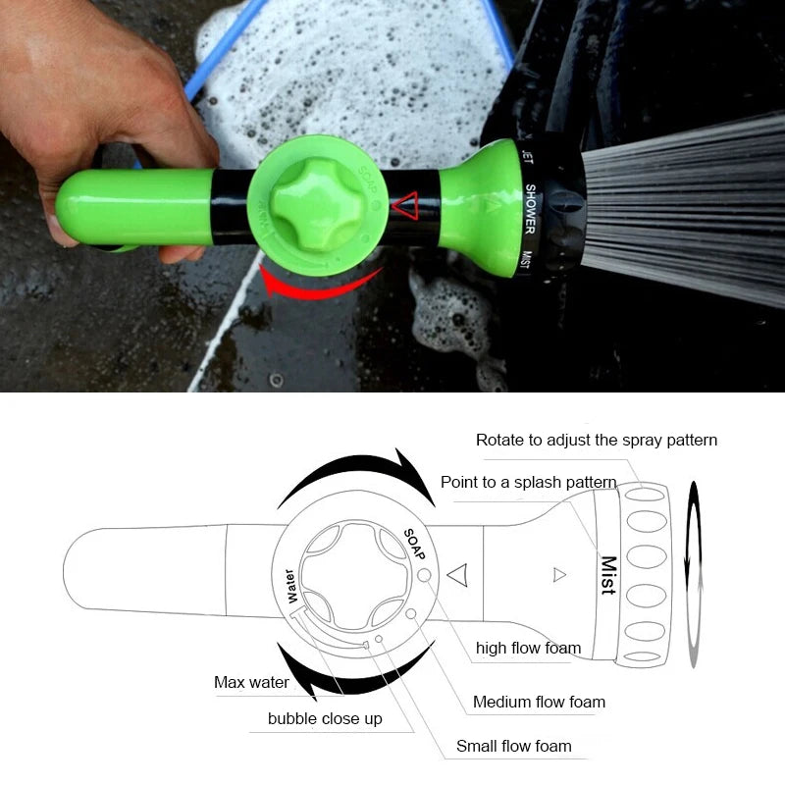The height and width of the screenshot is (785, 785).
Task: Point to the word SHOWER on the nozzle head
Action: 531,209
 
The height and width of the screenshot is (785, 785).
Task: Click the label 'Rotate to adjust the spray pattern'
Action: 596,440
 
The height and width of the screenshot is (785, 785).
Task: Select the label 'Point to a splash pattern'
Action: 528,482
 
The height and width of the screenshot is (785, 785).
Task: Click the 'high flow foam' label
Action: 528,648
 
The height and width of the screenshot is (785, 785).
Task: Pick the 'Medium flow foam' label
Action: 539,702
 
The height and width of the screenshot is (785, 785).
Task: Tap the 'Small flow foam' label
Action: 513,747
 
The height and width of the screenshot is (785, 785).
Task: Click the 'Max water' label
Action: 251,682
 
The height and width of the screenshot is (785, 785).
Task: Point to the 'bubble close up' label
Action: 325,719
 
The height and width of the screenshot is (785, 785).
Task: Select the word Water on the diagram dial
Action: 289,586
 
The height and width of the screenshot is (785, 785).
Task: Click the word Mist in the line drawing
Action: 608,576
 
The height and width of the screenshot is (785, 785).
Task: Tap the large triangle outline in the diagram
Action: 456,574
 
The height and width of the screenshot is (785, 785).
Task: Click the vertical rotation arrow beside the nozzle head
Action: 695,574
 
